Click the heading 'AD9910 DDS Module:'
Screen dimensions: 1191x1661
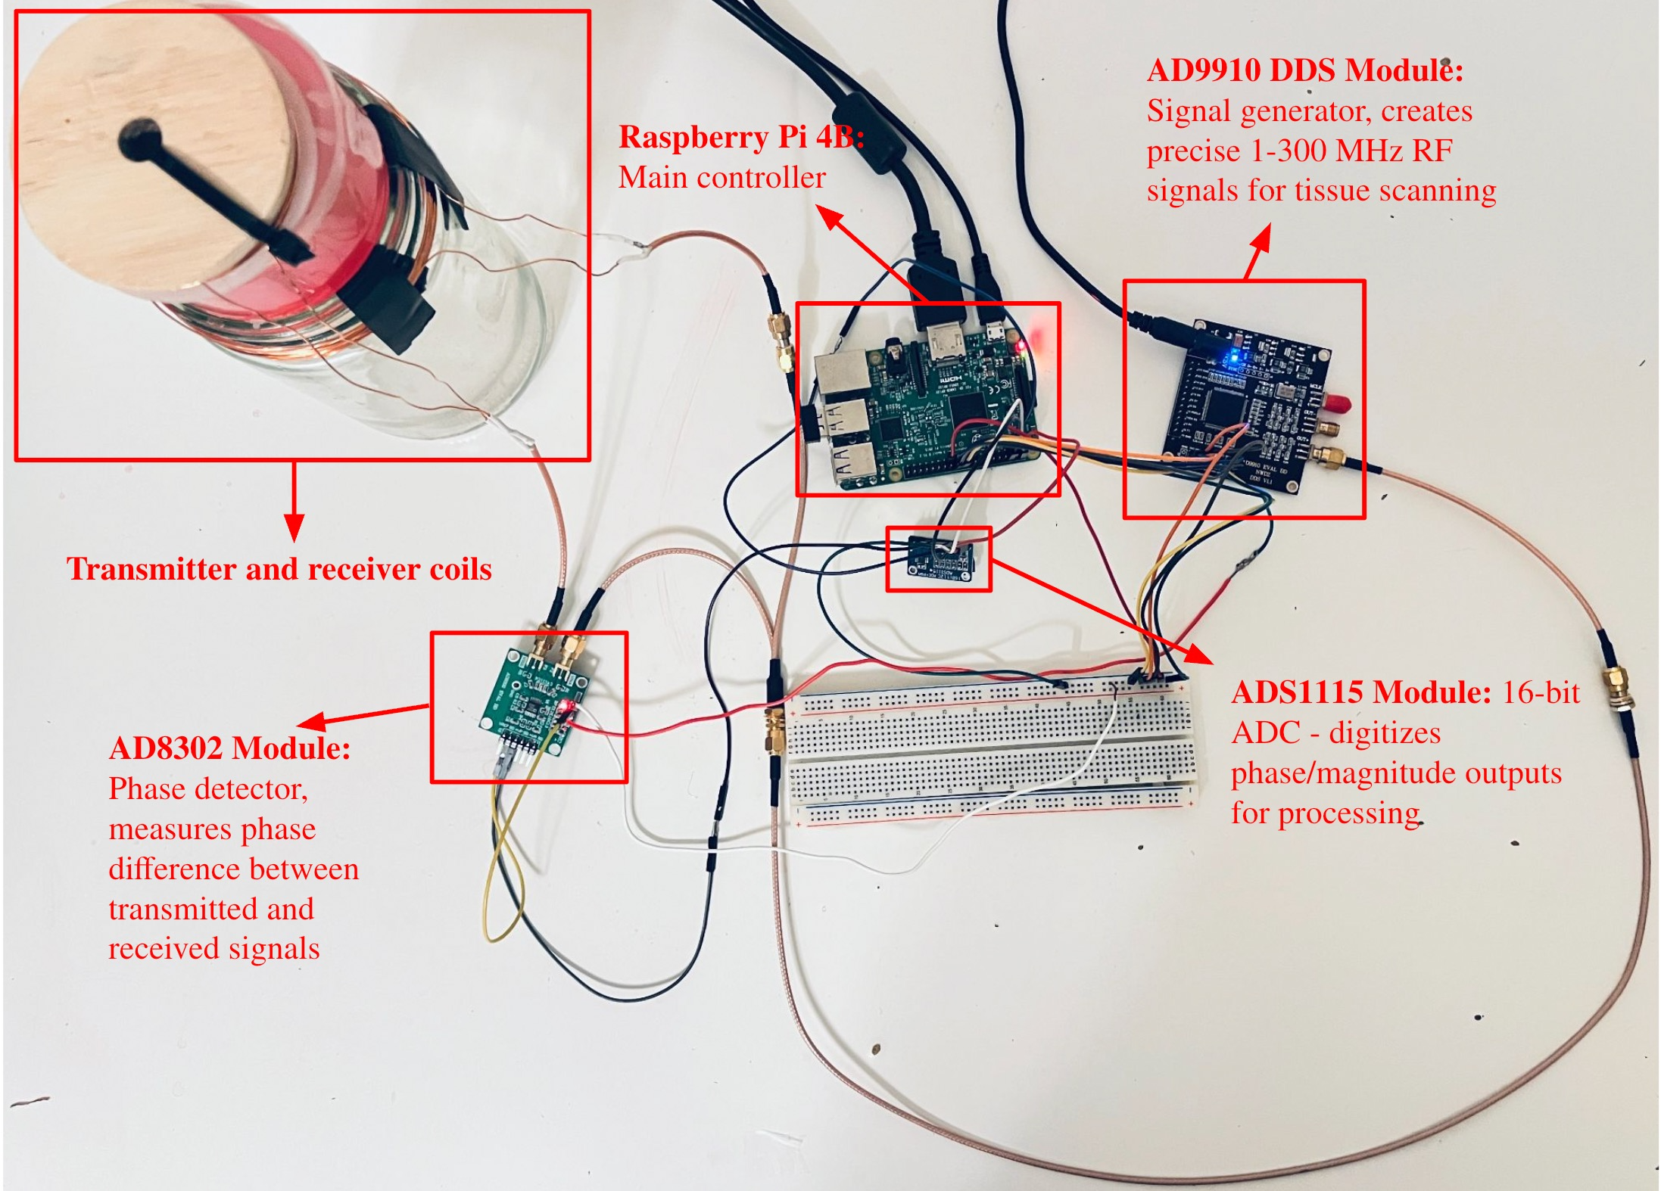coord(1304,71)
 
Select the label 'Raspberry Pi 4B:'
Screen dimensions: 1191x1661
coord(740,138)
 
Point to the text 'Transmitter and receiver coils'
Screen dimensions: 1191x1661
coord(279,569)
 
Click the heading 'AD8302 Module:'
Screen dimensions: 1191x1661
coord(229,748)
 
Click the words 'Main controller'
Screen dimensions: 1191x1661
coord(721,178)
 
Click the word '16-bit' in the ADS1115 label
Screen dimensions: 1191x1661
coord(1540,692)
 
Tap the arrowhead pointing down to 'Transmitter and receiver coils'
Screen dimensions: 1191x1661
coord(294,527)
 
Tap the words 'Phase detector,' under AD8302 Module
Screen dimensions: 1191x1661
coord(208,789)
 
